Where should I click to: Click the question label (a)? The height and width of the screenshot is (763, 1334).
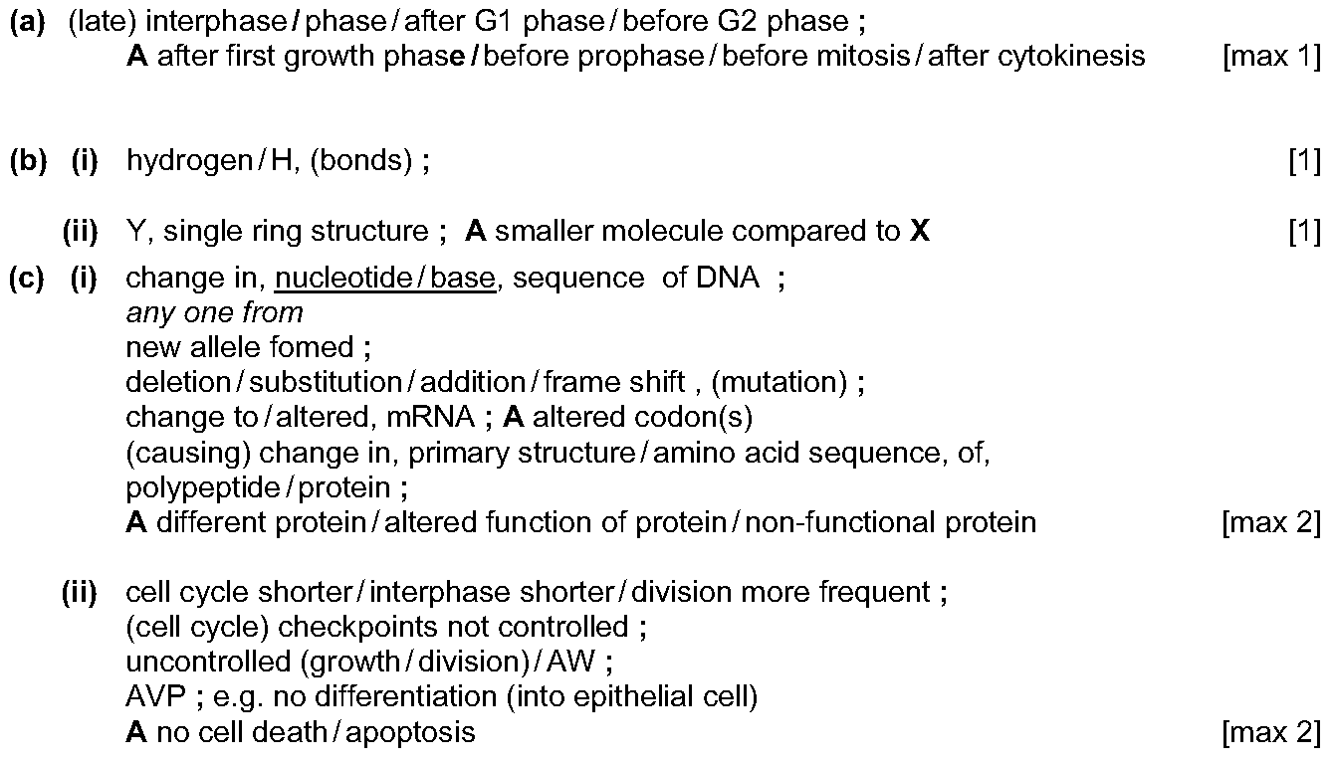(28, 22)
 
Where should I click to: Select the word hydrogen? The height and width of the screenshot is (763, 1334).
(189, 162)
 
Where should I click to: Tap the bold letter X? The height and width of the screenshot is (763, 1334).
(920, 231)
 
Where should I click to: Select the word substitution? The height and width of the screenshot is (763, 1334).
(326, 382)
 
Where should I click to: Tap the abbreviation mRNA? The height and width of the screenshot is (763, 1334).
(431, 417)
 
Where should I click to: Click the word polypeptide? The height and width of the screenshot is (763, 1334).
(202, 488)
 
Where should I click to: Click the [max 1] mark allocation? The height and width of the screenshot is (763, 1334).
(1271, 57)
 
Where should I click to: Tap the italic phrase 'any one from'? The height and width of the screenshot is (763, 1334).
(214, 313)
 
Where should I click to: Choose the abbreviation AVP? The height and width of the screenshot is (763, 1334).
(155, 697)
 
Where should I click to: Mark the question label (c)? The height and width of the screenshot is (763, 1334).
(27, 279)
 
